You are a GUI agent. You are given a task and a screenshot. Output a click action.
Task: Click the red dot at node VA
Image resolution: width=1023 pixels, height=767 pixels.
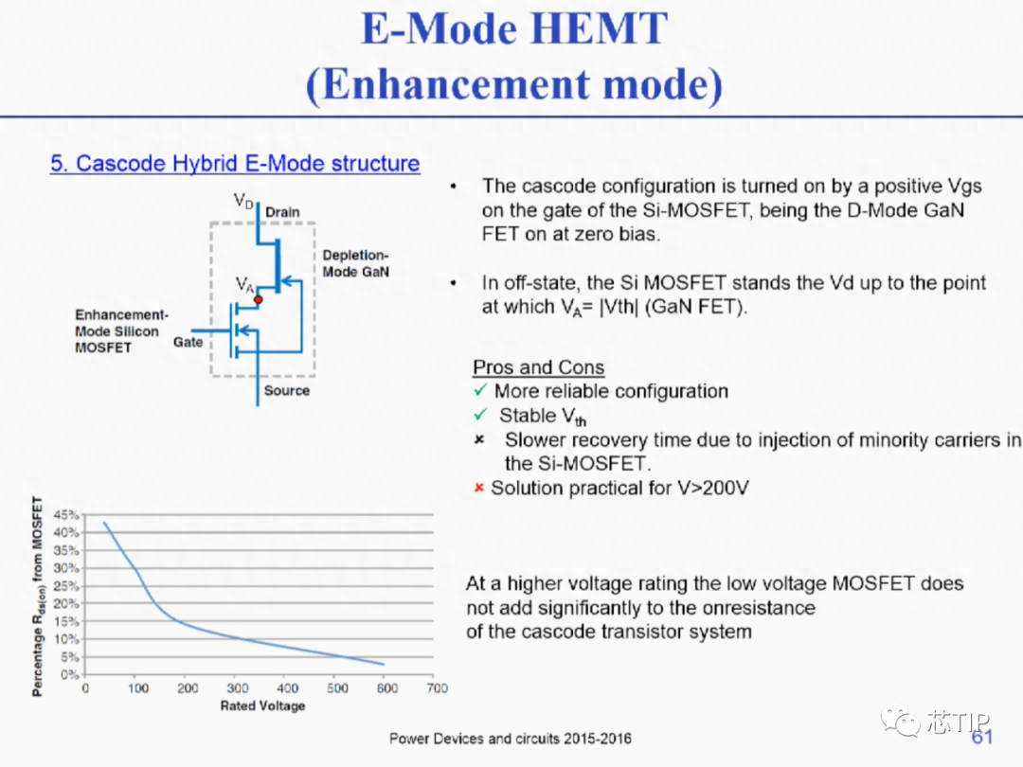259,299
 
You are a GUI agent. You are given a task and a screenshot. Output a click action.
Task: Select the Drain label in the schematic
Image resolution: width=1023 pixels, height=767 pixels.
282,212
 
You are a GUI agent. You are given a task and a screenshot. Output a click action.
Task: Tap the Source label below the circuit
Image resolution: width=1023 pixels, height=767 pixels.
286,390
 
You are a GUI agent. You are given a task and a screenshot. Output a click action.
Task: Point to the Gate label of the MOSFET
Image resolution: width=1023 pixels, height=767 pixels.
188,342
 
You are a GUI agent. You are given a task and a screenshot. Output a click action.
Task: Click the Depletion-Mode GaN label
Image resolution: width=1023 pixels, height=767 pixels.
355,263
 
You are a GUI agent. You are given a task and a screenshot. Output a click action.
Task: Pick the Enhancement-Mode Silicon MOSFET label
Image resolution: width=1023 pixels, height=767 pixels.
121,330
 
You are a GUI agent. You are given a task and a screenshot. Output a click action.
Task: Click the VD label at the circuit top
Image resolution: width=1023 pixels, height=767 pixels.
243,201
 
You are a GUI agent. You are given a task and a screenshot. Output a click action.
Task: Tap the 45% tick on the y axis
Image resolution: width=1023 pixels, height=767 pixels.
66,514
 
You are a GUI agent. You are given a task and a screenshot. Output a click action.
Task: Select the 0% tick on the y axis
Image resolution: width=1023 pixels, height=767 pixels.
69,674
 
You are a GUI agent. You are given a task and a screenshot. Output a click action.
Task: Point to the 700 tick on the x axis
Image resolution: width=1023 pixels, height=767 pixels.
437,688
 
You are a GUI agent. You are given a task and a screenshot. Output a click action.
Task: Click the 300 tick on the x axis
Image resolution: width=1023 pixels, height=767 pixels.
238,688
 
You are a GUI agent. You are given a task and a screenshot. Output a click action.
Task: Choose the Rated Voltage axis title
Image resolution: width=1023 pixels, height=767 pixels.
263,705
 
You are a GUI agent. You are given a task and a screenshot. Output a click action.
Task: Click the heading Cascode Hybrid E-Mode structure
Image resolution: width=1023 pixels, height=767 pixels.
235,163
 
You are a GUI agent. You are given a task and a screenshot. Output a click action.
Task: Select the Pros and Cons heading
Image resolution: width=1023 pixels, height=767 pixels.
538,367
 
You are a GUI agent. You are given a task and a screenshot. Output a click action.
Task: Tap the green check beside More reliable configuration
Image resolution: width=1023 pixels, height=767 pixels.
481,390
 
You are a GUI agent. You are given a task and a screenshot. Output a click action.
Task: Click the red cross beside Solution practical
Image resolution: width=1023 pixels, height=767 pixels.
479,488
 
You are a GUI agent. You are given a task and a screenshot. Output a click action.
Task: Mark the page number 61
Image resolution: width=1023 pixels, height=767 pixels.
982,737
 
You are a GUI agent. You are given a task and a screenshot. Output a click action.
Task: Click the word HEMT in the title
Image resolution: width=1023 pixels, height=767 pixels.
599,28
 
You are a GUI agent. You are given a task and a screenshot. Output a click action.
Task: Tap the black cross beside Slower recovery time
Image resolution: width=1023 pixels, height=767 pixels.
479,439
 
